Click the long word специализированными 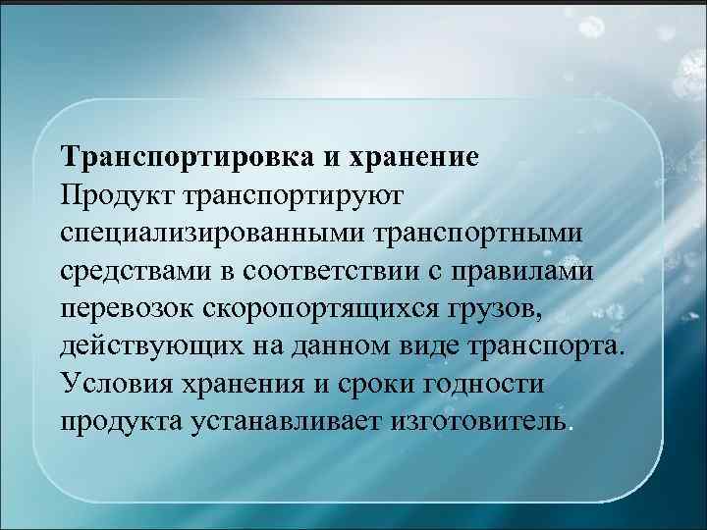(211, 234)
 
